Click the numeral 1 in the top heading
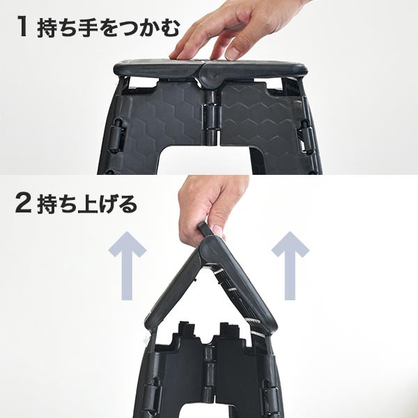(x=22, y=26)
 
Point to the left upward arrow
(x=127, y=265)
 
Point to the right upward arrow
(x=291, y=265)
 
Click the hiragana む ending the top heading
(x=169, y=28)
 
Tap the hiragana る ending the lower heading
(x=127, y=204)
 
